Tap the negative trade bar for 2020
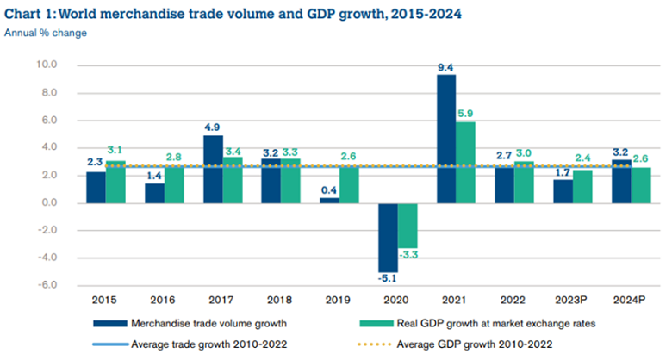[x=388, y=238]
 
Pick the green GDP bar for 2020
[x=408, y=225]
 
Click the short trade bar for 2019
[x=330, y=201]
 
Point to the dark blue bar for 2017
[x=213, y=169]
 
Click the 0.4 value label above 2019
[x=328, y=189]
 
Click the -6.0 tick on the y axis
[x=46, y=285]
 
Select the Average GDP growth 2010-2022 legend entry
[x=482, y=344]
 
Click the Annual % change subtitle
[x=45, y=33]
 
